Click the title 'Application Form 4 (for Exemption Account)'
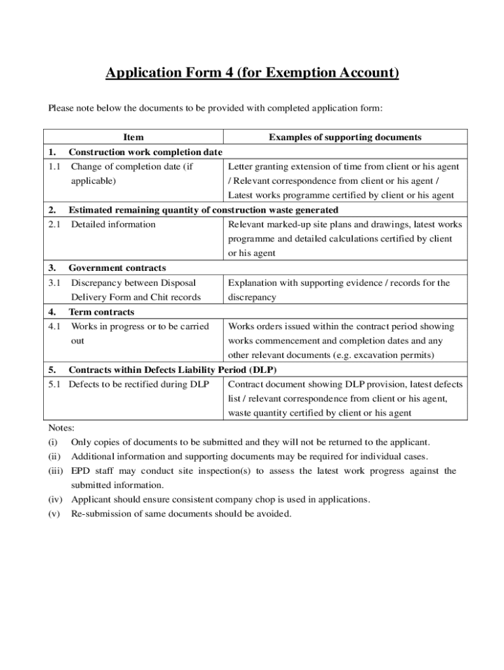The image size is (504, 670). pos(252,73)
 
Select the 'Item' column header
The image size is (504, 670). pos(134,137)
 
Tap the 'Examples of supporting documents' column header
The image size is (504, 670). pos(345,137)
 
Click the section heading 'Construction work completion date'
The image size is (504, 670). pos(146,152)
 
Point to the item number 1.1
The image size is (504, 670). pos(54,167)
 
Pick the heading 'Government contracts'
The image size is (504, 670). pos(117,268)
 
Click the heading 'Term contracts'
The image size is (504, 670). pos(101,312)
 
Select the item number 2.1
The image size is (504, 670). pos(54,224)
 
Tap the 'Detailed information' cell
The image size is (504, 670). pos(113,224)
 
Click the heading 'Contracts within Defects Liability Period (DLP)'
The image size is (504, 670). pos(173,370)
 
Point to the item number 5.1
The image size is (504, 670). pos(55,384)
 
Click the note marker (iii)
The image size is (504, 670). pos(56,471)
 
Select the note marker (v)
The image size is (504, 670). pos(54,514)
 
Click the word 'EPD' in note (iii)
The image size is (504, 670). pos(81,471)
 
